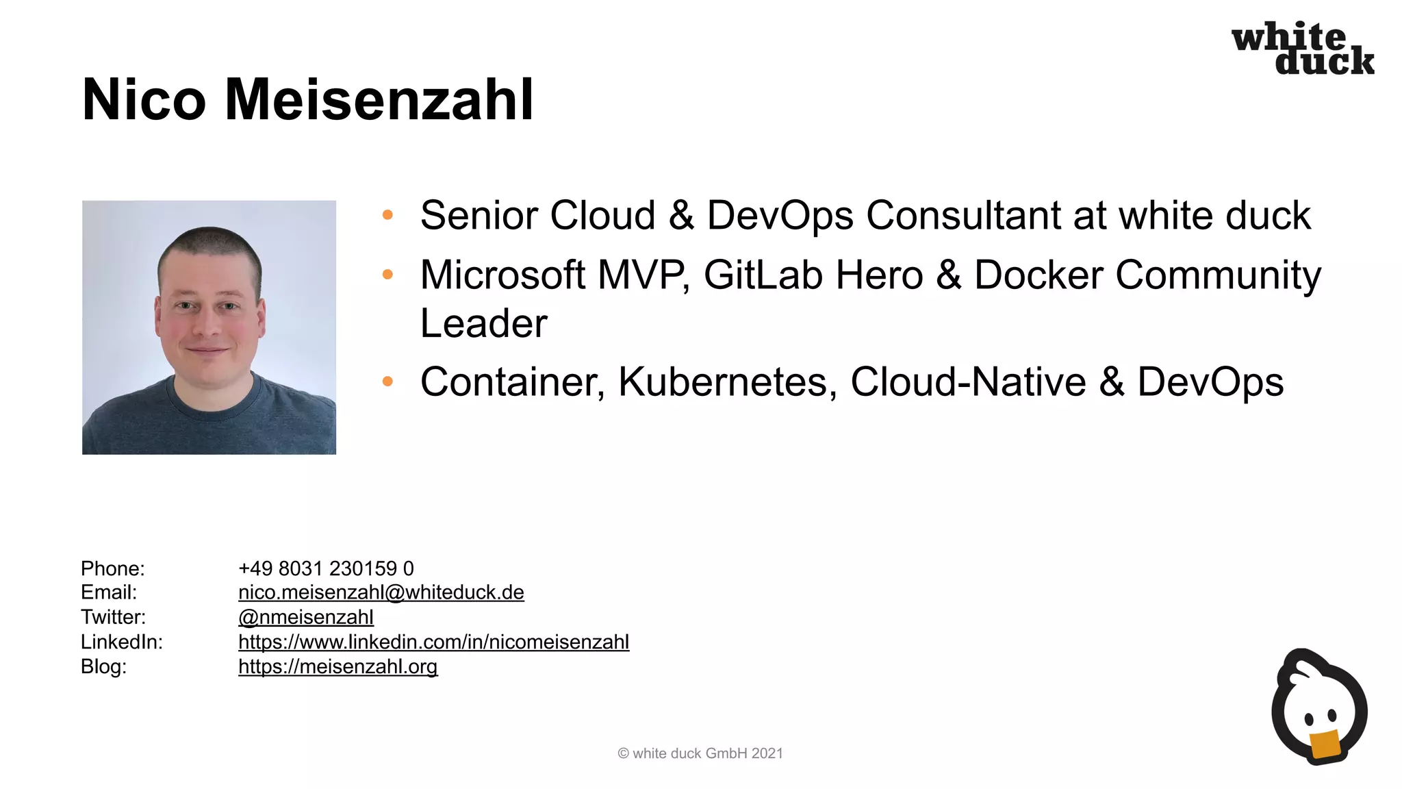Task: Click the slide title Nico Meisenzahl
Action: point(307,100)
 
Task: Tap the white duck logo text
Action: point(1302,49)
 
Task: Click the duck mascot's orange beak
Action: point(1325,745)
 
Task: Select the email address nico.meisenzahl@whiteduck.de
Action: point(381,592)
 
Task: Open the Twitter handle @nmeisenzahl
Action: point(305,617)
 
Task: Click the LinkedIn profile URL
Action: point(433,642)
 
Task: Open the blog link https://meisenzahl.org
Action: point(337,666)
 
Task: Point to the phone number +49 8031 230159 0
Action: point(326,568)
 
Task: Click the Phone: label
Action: point(113,568)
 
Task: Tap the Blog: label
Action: point(103,666)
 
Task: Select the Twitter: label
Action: point(114,617)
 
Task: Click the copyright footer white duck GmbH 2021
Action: point(700,753)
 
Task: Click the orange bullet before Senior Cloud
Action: point(387,215)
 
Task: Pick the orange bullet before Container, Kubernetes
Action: point(387,381)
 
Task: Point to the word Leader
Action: point(483,323)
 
